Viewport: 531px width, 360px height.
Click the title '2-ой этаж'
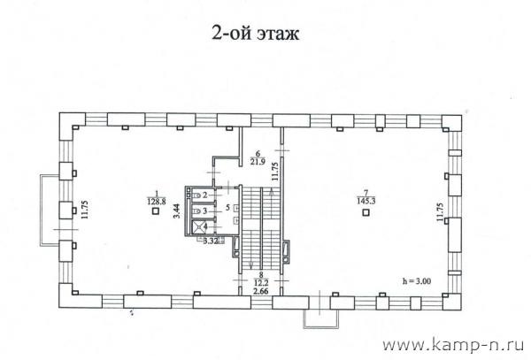[x=256, y=33]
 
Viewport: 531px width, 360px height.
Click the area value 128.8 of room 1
[x=157, y=202]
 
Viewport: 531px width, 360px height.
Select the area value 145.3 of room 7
[x=366, y=202]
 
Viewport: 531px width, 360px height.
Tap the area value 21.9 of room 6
[x=258, y=161]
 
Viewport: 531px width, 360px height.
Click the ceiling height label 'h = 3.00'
[x=417, y=280]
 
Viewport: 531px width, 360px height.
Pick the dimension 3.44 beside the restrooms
[x=177, y=211]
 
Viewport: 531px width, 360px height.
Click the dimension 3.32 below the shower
[x=210, y=241]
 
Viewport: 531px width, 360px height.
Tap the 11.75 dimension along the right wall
[x=440, y=212]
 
